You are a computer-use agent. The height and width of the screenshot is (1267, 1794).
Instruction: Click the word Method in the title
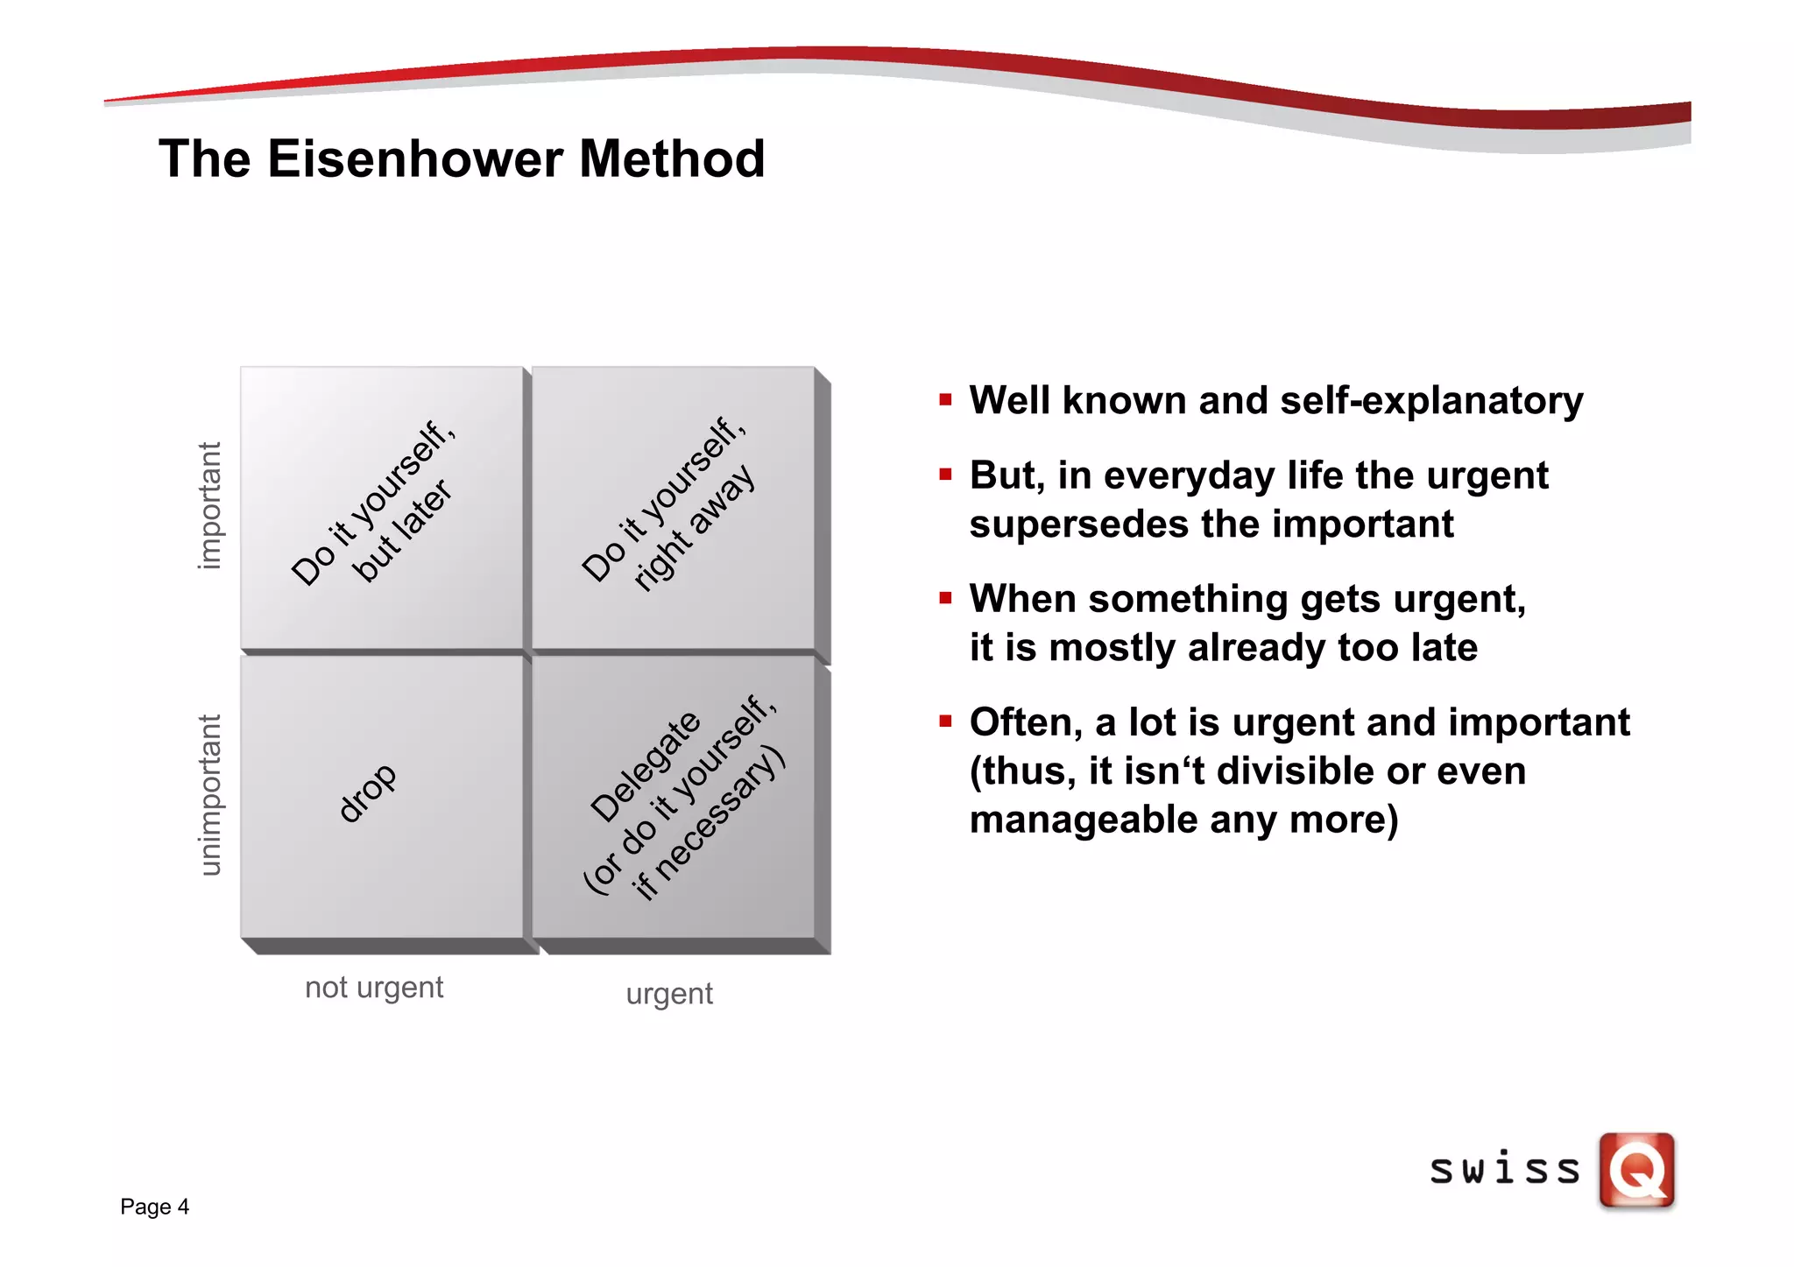coord(672,159)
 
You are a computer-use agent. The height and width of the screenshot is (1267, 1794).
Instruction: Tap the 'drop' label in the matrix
coord(368,792)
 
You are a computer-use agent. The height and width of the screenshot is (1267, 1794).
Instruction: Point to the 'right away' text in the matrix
coord(695,527)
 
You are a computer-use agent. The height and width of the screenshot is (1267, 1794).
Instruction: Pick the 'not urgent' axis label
coord(374,988)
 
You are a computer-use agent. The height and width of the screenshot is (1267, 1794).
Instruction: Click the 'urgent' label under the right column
coord(669,995)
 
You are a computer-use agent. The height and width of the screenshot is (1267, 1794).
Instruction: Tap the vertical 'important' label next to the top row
coord(209,505)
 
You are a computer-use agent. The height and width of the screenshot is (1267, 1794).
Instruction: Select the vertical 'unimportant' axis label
coord(209,794)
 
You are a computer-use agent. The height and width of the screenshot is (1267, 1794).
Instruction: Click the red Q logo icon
coord(1636,1170)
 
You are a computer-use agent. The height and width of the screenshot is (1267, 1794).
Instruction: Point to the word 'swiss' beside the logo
coord(1505,1170)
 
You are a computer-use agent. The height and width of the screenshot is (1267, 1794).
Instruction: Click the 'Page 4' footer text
coord(154,1207)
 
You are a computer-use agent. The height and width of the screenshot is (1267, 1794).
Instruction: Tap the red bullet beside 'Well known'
coord(945,400)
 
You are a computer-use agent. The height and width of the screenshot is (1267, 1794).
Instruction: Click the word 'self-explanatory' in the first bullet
coord(1431,400)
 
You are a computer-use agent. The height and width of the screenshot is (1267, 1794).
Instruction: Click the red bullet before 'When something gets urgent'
coord(945,599)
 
